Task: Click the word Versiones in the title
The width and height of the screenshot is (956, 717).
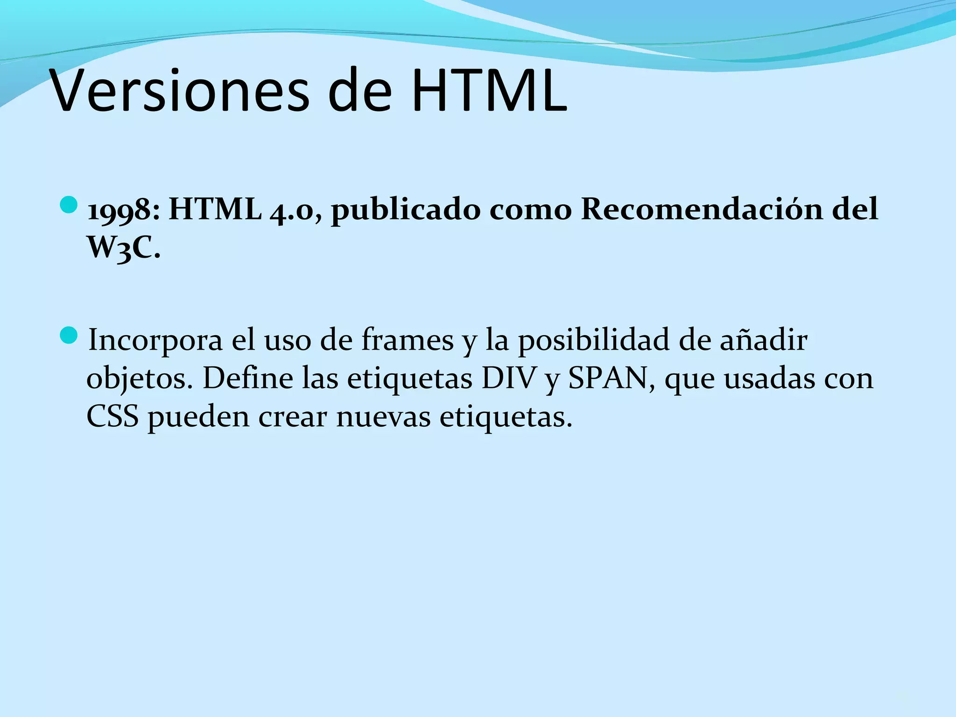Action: point(180,91)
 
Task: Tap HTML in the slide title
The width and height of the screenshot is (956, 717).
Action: point(489,91)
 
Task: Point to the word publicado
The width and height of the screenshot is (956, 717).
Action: point(405,210)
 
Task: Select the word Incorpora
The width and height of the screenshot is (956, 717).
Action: point(155,340)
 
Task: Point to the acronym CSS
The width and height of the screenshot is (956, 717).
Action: point(112,416)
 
